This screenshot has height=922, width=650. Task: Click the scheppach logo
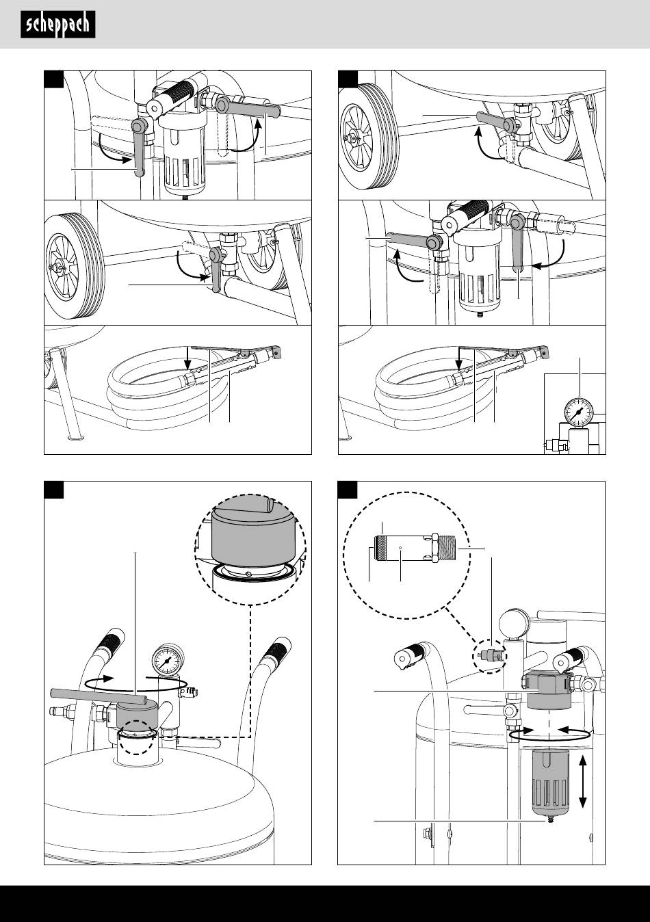pos(58,25)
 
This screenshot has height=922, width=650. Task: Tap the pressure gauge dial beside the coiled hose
pos(579,412)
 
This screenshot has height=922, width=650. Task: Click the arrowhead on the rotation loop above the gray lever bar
pos(108,679)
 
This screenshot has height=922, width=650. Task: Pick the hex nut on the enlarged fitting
pos(434,547)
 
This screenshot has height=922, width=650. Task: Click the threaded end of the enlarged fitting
pos(448,547)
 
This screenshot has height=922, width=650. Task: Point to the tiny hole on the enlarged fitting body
pos(400,548)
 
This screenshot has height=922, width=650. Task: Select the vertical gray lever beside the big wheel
pos(216,270)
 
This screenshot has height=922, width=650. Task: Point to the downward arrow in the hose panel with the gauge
pos(458,358)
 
